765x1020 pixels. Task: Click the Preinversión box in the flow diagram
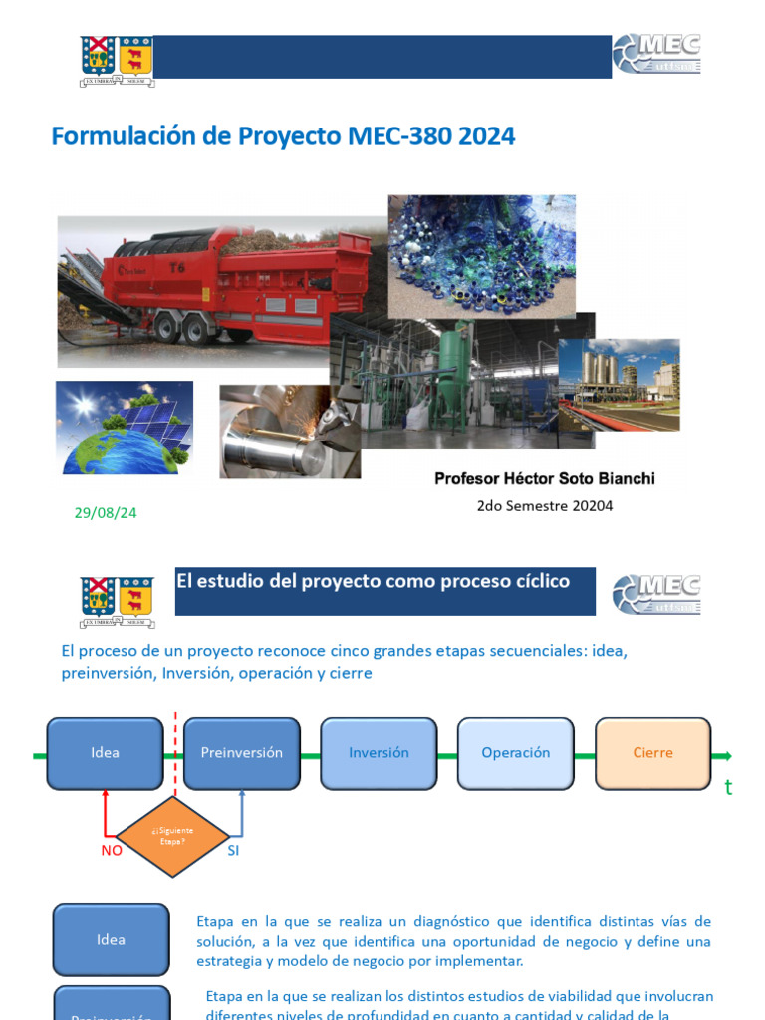[241, 753]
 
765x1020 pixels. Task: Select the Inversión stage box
[379, 753]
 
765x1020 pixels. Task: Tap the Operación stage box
[515, 753]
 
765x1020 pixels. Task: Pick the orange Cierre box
[652, 753]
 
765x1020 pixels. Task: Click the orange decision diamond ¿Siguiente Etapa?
[173, 836]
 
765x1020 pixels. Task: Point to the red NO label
[112, 851]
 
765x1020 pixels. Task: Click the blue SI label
[233, 851]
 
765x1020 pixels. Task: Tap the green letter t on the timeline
[728, 788]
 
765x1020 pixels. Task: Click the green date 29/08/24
[106, 513]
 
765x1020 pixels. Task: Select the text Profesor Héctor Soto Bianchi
[545, 479]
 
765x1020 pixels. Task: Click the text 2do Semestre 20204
[545, 506]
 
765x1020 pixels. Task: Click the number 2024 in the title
[487, 136]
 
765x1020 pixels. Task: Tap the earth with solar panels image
[125, 427]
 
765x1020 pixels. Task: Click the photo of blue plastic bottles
[481, 255]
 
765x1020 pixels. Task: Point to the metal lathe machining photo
[290, 431]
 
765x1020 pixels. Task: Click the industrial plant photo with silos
[619, 384]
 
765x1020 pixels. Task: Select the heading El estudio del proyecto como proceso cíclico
[373, 581]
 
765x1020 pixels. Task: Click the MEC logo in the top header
[656, 54]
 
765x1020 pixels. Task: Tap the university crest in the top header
[117, 56]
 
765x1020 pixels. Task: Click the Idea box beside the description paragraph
[111, 939]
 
